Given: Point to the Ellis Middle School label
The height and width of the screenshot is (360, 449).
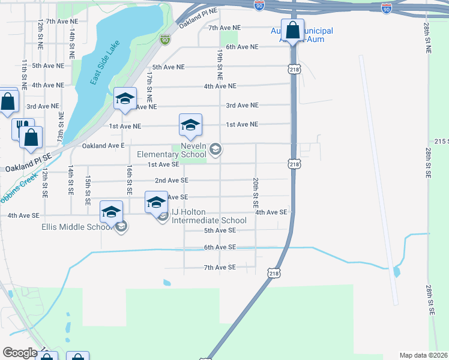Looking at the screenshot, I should coord(76,227).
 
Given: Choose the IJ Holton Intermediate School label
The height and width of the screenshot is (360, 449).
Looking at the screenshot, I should coord(209,216).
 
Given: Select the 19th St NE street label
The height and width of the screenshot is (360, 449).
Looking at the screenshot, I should coord(220,66).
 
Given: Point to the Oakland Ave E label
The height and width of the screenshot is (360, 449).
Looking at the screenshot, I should coord(103,145).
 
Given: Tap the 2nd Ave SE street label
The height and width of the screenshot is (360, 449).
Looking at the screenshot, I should coord(172,180).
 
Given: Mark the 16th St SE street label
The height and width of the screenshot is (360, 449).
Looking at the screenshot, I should coord(129,180).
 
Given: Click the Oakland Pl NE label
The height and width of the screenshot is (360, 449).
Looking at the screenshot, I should coord(201,11).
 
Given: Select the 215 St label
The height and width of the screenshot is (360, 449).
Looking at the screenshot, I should coord(442,140).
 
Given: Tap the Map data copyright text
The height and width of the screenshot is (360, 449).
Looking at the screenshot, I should coord(424,355).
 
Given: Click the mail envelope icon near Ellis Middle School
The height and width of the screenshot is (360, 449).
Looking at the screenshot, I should coord(122,226).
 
